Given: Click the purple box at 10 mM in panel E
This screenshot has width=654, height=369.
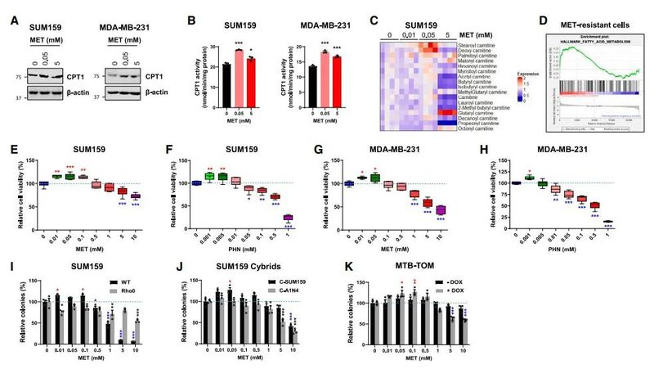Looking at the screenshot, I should [137, 196].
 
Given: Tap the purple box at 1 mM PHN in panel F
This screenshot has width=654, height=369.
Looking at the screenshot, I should [288, 218].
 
